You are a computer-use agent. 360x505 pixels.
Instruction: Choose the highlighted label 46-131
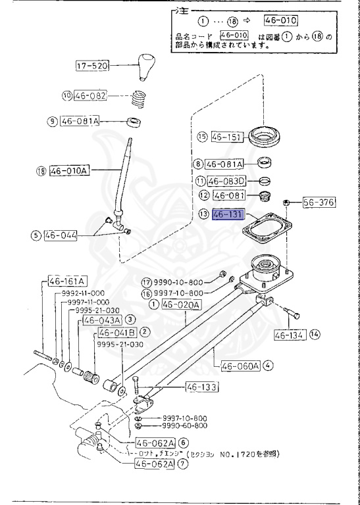tap(229, 214)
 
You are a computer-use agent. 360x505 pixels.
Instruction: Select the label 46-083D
tap(225, 181)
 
